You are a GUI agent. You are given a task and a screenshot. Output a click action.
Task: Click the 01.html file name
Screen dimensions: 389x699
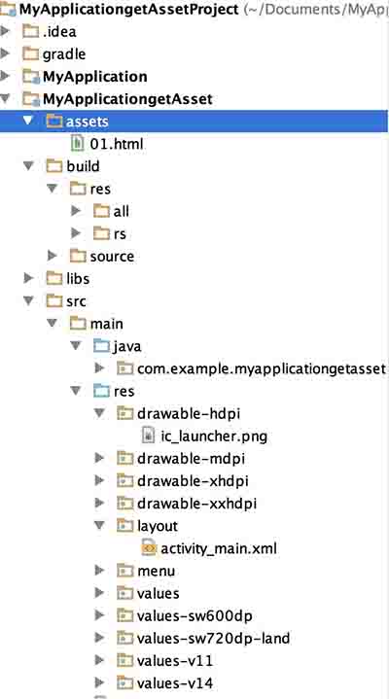[x=117, y=144]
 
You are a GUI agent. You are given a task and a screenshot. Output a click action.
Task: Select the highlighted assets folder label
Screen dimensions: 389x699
[x=87, y=122]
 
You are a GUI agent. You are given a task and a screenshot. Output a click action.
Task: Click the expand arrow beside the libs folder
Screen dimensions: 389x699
[x=28, y=279]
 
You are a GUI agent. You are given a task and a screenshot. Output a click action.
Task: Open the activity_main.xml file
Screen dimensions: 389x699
[x=219, y=548]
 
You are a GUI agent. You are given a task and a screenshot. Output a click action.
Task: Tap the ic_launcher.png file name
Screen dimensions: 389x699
[x=214, y=436]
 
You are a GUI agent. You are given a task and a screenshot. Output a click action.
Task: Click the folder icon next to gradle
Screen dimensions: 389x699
[x=31, y=53]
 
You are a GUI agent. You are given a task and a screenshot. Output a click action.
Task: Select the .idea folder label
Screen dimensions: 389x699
[x=59, y=32]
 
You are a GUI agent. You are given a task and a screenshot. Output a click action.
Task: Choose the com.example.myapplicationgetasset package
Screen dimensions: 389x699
[x=261, y=368]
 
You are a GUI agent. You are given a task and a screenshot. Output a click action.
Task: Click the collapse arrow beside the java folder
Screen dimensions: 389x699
[x=76, y=345]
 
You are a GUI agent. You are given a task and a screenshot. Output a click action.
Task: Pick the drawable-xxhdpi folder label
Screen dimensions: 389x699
[x=196, y=504]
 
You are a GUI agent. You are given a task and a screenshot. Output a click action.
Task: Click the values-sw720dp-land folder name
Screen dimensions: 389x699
[x=213, y=639]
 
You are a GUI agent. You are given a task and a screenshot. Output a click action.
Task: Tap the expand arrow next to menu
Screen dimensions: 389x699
[x=99, y=570]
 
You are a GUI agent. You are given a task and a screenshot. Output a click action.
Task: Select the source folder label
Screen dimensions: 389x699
[x=112, y=257]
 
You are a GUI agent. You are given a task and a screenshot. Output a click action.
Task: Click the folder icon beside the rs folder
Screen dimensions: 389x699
[x=101, y=233]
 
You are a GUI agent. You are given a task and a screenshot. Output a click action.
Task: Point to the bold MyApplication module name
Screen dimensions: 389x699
[x=95, y=77]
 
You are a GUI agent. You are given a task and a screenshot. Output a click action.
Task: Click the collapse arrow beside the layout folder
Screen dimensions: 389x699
[x=99, y=525]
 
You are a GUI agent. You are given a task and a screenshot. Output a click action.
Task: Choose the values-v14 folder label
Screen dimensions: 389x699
[x=175, y=682]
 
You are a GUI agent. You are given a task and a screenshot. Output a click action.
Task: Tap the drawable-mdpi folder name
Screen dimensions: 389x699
[x=191, y=458]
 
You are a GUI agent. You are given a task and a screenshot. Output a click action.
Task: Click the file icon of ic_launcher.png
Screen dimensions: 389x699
[x=148, y=436]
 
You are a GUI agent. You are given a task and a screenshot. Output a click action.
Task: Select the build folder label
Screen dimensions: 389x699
[x=83, y=166]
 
